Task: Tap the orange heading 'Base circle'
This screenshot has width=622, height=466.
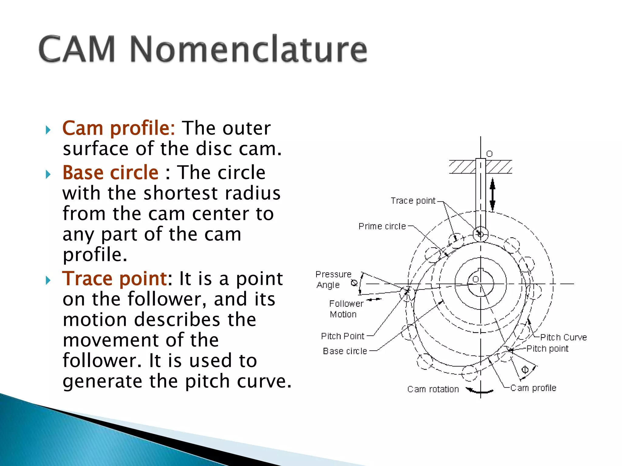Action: (111, 173)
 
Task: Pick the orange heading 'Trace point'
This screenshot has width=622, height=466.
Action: (114, 279)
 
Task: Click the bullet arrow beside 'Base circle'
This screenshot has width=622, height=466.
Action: (48, 174)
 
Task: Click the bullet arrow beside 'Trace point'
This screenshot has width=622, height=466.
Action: (48, 280)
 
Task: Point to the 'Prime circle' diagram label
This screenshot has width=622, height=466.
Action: (382, 226)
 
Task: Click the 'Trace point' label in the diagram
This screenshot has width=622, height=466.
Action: (413, 201)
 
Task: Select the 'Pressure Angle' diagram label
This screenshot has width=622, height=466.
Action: (333, 279)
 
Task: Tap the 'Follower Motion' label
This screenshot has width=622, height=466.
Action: (346, 309)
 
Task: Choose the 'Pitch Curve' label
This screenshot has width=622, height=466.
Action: (563, 337)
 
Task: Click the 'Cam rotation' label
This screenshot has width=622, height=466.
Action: (433, 389)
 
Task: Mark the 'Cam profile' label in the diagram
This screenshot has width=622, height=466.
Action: (533, 388)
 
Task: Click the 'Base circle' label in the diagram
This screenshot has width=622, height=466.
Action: (345, 351)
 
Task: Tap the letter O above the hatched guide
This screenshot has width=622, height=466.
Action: (489, 154)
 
